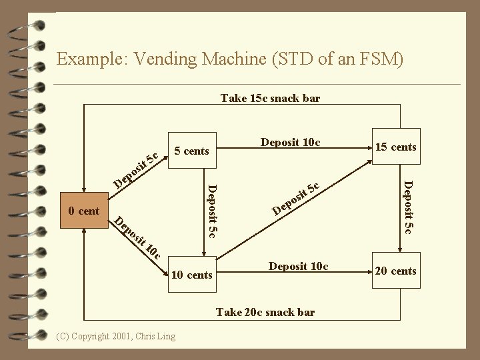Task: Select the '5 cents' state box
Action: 191,151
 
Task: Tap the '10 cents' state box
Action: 191,275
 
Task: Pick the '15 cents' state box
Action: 395,147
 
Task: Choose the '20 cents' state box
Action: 395,271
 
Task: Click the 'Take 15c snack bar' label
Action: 270,99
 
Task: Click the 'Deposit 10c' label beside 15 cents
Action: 290,142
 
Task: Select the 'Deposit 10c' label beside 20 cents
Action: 298,266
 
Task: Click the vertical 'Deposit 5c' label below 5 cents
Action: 211,209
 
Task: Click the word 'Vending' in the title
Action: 165,59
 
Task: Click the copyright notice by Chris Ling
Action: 117,335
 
